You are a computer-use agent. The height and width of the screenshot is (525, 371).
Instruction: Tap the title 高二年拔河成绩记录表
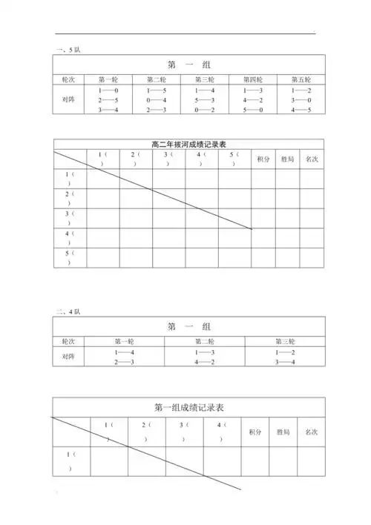pos(187,144)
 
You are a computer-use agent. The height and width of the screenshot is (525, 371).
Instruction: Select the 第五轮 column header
pos(301,79)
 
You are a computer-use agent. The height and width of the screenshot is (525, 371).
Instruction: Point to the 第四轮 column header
pos(254,79)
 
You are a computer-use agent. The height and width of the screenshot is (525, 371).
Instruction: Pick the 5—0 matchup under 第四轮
pos(254,110)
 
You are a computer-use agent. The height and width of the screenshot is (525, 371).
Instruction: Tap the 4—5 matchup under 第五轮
pos(301,110)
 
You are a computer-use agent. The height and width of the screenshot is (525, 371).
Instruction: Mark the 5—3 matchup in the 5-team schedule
pos(206,99)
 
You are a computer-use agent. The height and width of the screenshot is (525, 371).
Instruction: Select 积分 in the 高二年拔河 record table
pos(263,159)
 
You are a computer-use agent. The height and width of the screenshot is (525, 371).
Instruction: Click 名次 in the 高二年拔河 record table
pos(312,159)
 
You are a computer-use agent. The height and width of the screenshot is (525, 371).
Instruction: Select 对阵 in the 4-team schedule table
pos(69,356)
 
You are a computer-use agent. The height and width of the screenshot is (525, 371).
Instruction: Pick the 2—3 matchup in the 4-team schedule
pos(124,362)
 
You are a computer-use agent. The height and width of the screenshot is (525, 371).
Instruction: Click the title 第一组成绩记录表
pos(189,407)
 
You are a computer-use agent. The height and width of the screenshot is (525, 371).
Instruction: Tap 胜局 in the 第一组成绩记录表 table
pos(283,431)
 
